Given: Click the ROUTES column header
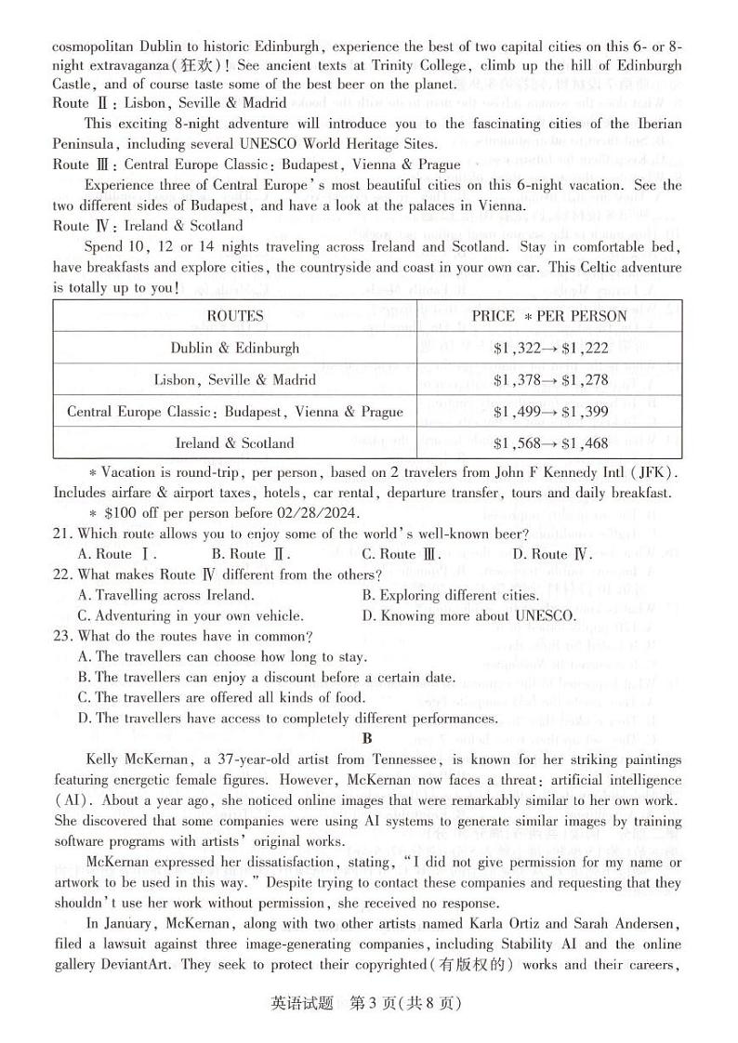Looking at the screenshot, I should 235,316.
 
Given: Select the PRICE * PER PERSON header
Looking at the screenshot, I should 549,316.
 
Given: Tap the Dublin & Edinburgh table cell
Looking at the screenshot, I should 235,348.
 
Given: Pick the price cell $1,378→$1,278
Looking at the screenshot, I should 549,379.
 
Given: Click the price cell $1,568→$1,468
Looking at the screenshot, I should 549,442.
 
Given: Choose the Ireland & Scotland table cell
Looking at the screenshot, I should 235,442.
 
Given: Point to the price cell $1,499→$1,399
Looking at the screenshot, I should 549,411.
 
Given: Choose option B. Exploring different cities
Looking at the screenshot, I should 451,595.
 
